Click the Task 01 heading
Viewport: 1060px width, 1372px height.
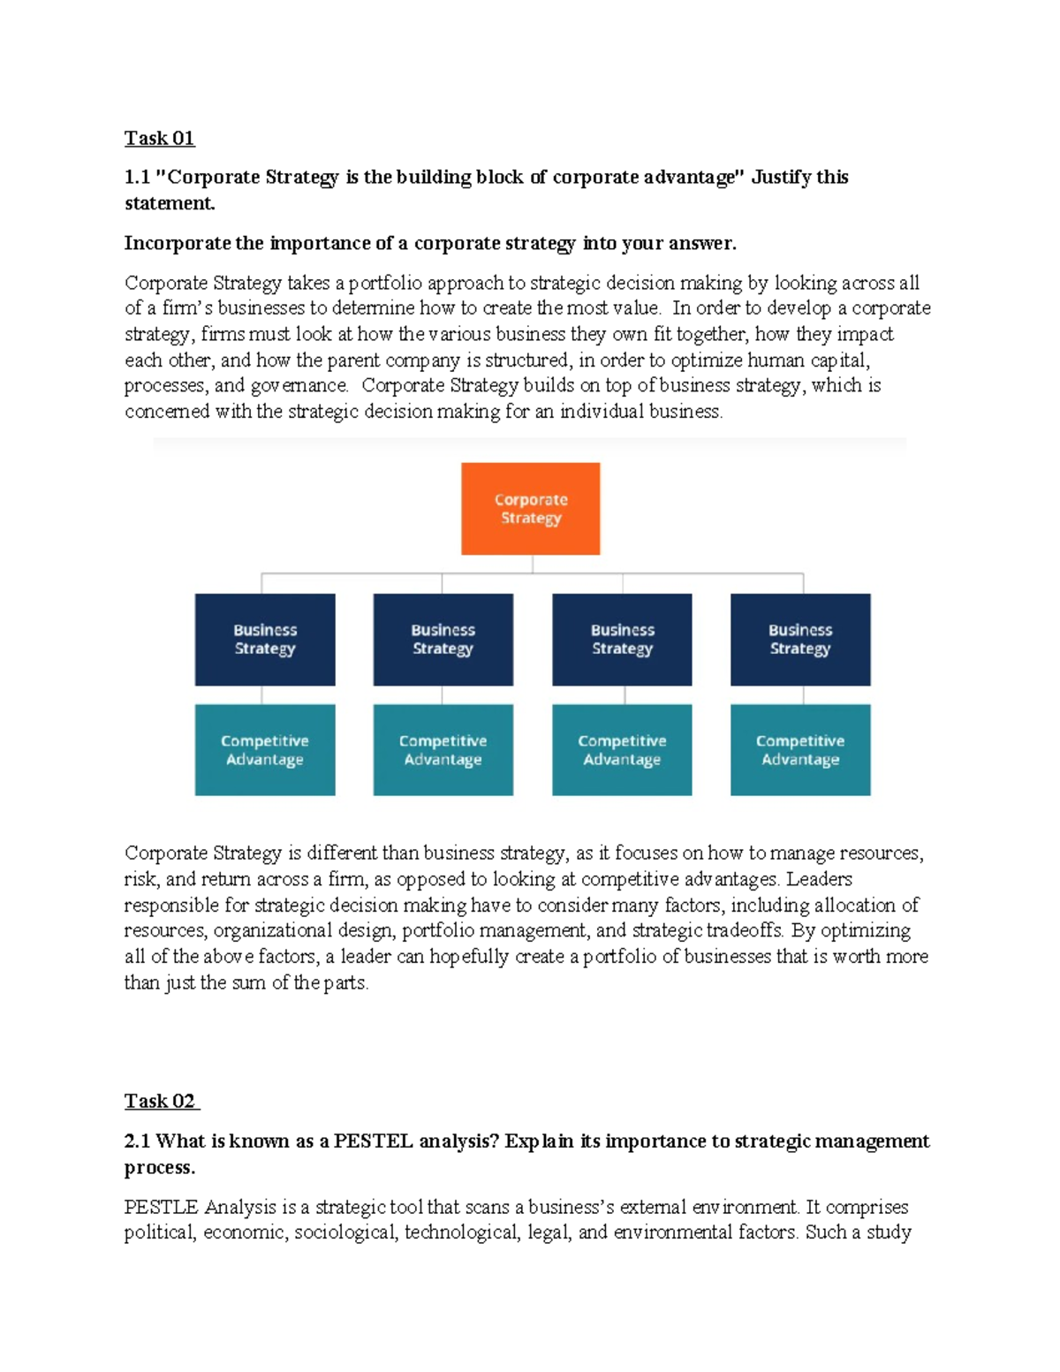click(x=159, y=138)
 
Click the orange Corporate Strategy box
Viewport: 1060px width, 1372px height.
click(x=530, y=509)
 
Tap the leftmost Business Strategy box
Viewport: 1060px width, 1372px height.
click(x=265, y=639)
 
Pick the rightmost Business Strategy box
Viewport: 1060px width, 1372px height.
click(x=800, y=639)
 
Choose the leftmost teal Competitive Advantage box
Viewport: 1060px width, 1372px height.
click(x=265, y=750)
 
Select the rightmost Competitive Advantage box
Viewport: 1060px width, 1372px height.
click(x=800, y=750)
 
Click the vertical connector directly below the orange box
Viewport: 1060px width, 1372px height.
click(x=532, y=564)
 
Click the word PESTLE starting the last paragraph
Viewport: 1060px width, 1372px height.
click(x=161, y=1207)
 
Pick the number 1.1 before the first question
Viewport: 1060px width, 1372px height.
click(x=137, y=177)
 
